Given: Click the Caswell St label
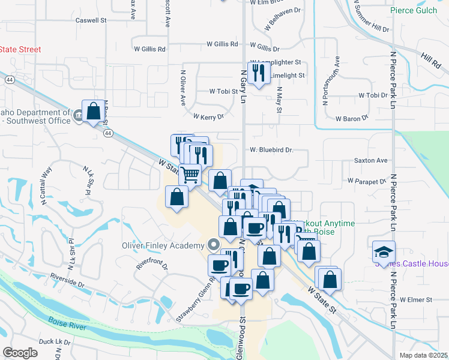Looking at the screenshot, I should [x=91, y=20].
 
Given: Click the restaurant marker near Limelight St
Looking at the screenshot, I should [x=259, y=73].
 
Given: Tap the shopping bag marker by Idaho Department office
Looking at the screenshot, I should [x=93, y=111].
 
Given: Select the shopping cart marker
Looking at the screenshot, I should [x=190, y=175].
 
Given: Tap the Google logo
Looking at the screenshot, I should [x=20, y=353].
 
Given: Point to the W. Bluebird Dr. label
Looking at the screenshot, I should [x=271, y=150].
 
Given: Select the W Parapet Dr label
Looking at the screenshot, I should [x=366, y=181].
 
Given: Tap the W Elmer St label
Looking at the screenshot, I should [x=416, y=299].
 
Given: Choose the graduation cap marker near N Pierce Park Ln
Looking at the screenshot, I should [x=384, y=252].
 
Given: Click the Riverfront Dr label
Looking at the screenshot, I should [x=152, y=265].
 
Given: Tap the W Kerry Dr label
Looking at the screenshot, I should [x=208, y=116].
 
